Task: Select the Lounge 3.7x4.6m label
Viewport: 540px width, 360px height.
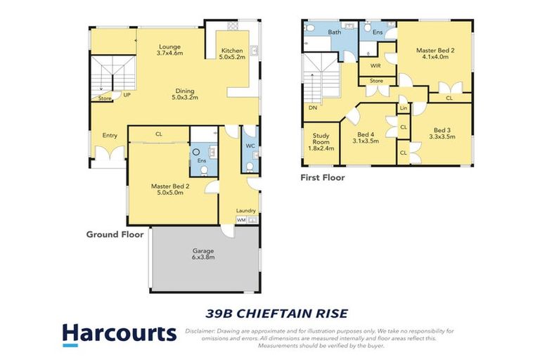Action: (x=169, y=47)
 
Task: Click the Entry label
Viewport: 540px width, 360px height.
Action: (x=110, y=135)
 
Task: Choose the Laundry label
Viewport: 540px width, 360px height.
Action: (x=246, y=210)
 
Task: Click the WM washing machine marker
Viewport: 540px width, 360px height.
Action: (x=241, y=220)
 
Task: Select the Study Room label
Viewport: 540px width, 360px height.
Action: (x=321, y=141)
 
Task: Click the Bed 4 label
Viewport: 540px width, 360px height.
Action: (x=365, y=138)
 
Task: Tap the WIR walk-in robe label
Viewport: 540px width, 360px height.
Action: (x=375, y=65)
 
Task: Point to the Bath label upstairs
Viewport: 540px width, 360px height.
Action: (x=335, y=32)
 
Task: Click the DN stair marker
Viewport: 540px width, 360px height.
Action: (x=311, y=108)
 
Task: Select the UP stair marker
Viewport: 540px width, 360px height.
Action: (x=127, y=94)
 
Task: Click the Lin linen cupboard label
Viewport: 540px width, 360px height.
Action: (x=404, y=108)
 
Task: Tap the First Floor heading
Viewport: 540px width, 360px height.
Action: (x=323, y=178)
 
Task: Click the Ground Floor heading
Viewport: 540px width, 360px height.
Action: (x=115, y=234)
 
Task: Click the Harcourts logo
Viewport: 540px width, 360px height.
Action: (x=119, y=334)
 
